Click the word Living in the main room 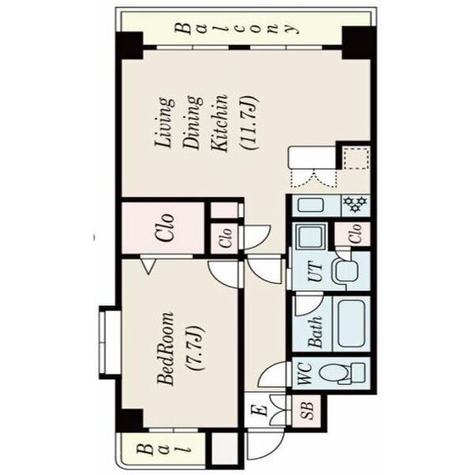(165, 123)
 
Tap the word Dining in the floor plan (192, 123)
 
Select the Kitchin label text (218, 123)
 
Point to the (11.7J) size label (249, 123)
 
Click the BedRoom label (165, 348)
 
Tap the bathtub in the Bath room (351, 323)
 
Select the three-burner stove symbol (355, 204)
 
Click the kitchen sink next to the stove (310, 205)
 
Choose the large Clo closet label (165, 228)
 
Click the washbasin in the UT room (347, 271)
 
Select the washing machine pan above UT (310, 236)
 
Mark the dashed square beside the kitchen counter (356, 158)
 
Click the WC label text (306, 374)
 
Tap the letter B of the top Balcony (184, 28)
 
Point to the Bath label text (315, 332)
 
